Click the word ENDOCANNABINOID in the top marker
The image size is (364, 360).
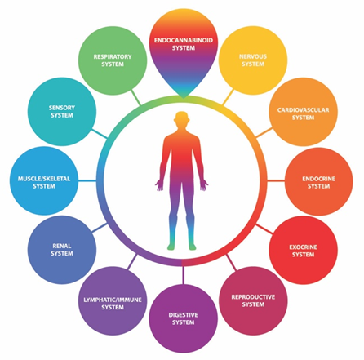(x=184, y=40)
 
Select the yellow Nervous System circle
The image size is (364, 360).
(x=253, y=60)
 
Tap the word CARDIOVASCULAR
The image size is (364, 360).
(x=303, y=110)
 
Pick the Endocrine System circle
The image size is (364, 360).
(x=318, y=181)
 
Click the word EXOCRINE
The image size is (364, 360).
(x=303, y=247)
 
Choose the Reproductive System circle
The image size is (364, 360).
(x=253, y=300)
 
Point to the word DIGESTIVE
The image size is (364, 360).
(x=183, y=315)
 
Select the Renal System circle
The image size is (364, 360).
(x=62, y=250)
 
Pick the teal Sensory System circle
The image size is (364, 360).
(x=62, y=112)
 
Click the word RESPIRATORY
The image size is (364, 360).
(x=113, y=57)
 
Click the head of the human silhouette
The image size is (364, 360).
(x=182, y=119)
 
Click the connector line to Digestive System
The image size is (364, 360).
(x=183, y=275)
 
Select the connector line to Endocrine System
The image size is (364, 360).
(x=276, y=180)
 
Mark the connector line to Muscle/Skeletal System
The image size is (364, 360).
(x=87, y=180)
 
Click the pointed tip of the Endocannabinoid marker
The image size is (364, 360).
(x=184, y=98)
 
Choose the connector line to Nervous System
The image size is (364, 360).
(x=228, y=97)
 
